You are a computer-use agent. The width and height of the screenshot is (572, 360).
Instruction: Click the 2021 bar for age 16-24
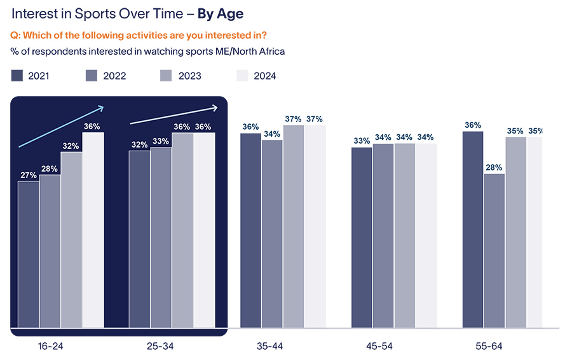[29, 254]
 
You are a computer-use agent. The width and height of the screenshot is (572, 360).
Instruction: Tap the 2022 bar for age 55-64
[494, 251]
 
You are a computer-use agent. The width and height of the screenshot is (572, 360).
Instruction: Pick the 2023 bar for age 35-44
[294, 226]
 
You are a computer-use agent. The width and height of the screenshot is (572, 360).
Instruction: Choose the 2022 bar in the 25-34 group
[161, 239]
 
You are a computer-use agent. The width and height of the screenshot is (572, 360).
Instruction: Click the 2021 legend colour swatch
[17, 76]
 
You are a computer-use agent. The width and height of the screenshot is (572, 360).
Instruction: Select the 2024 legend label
[264, 76]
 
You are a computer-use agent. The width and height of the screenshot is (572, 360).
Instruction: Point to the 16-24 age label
[50, 346]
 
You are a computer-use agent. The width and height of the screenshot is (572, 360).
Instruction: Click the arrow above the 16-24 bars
[61, 126]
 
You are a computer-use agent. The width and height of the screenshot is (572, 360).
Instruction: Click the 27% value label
[29, 175]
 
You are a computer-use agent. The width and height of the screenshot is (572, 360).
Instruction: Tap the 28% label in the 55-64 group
[494, 167]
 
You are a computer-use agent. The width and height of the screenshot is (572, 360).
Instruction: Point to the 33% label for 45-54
[362, 141]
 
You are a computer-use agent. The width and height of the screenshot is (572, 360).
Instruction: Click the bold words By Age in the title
[221, 13]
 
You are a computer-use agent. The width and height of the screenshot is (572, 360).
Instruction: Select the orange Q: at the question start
[17, 36]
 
